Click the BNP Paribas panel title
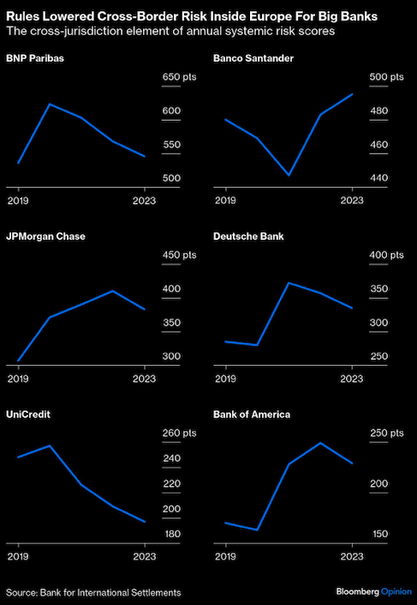35,58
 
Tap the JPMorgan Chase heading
45,237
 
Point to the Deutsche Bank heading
248,237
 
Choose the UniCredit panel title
28,415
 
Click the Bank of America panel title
252,415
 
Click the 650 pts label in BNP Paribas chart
179,77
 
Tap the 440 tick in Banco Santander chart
378,178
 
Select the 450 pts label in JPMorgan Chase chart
179,255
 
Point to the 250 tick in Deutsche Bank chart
378,356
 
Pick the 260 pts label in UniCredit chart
179,434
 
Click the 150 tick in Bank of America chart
378,535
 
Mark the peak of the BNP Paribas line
50,104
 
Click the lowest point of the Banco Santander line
289,175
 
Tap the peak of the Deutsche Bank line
289,283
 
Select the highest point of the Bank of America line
320,442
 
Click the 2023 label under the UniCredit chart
145,557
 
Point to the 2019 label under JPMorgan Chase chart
19,379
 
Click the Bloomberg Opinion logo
373,592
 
